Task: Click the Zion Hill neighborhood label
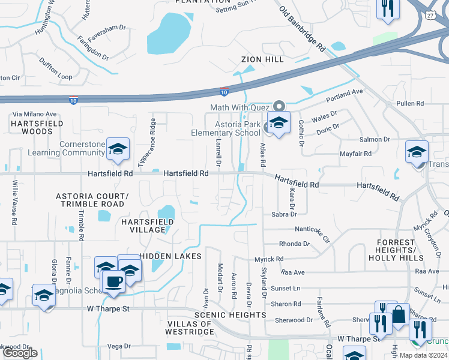click(x=262, y=60)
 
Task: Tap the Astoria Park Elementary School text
click(x=225, y=128)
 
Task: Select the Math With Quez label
click(x=237, y=108)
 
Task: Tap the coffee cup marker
click(x=113, y=281)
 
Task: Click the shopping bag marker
click(x=398, y=314)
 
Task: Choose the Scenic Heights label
click(x=230, y=315)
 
